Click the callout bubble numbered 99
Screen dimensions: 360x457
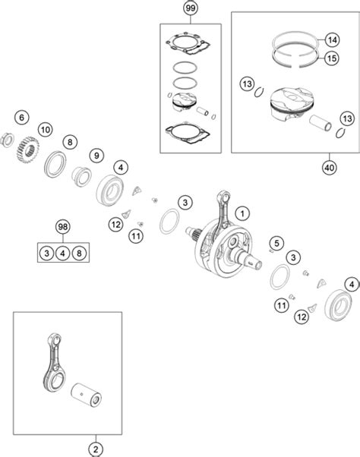pyautogui.click(x=190, y=8)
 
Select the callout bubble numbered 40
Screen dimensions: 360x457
pyautogui.click(x=329, y=168)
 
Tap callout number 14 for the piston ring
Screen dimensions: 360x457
pyautogui.click(x=332, y=39)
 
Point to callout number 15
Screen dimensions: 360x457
pyautogui.click(x=332, y=58)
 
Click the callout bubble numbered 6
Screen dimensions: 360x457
pyautogui.click(x=22, y=118)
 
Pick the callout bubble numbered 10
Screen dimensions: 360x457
pyautogui.click(x=46, y=129)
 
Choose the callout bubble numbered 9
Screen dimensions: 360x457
pyautogui.click(x=96, y=156)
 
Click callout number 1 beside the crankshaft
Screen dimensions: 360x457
pyautogui.click(x=242, y=213)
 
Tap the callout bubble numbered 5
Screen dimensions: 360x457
pyautogui.click(x=276, y=243)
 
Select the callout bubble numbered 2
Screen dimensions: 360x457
pyautogui.click(x=96, y=449)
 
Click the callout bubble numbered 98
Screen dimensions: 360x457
pyautogui.click(x=63, y=227)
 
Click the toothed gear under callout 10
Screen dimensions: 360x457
pyautogui.click(x=27, y=150)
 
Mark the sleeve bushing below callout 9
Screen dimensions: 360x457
pyautogui.click(x=81, y=176)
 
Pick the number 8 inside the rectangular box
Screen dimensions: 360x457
pyautogui.click(x=79, y=253)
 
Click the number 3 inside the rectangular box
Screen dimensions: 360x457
pyautogui.click(x=46, y=253)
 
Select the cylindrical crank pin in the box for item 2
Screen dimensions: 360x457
pyautogui.click(x=87, y=395)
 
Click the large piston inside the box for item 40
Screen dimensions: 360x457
pyautogui.click(x=292, y=104)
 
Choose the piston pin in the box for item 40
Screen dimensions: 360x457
pyautogui.click(x=320, y=123)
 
